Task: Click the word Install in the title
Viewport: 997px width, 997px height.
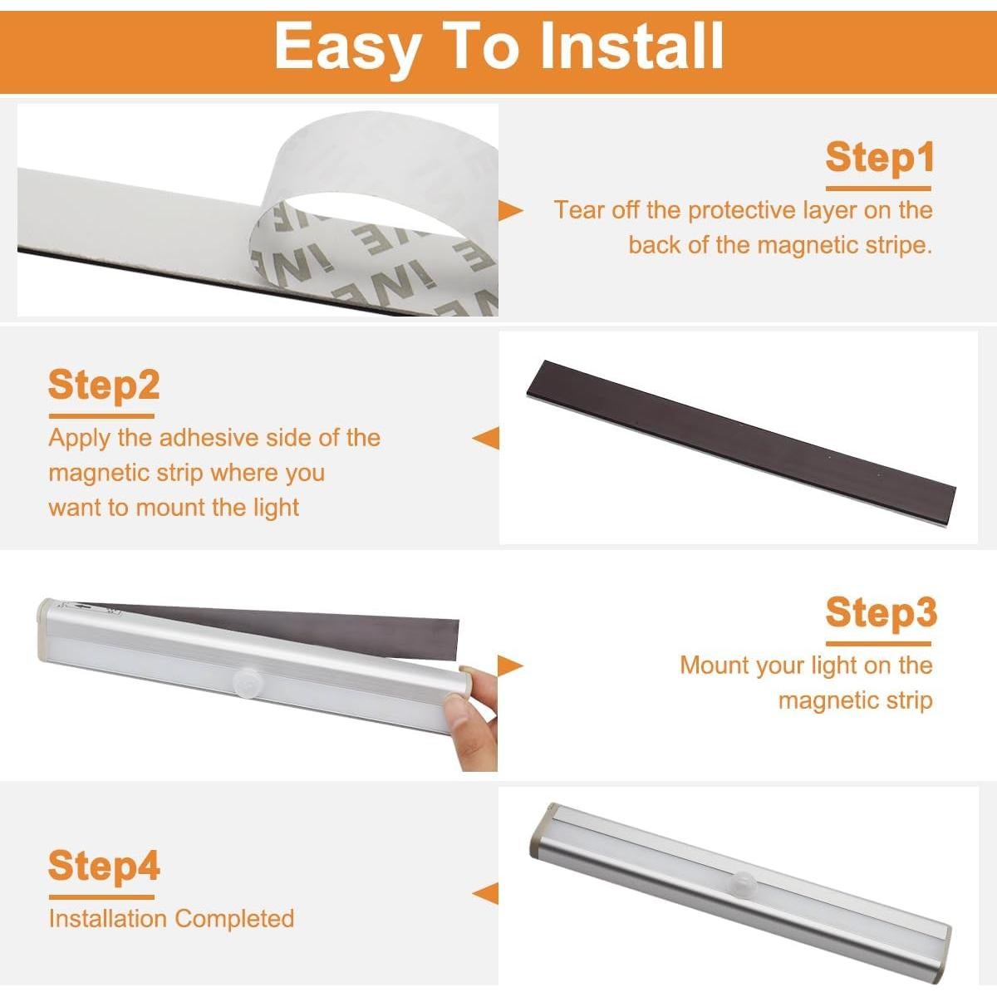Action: click(x=631, y=46)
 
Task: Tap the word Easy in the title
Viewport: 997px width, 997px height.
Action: click(x=346, y=48)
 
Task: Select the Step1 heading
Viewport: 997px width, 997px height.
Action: click(x=880, y=158)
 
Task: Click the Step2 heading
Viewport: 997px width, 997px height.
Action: click(x=104, y=386)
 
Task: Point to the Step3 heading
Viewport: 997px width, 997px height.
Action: click(x=882, y=613)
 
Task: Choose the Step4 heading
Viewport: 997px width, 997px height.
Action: click(x=104, y=867)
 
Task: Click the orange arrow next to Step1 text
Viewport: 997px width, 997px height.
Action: click(x=511, y=210)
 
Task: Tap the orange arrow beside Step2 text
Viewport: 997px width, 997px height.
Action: click(x=485, y=438)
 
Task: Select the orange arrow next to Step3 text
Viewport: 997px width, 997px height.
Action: click(x=511, y=665)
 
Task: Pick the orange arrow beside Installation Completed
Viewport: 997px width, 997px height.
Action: click(x=485, y=894)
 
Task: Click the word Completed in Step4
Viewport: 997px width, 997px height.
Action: click(x=234, y=919)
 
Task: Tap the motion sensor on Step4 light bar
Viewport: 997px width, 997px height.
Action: click(x=743, y=882)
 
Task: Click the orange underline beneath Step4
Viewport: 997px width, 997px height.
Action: click(x=101, y=897)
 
